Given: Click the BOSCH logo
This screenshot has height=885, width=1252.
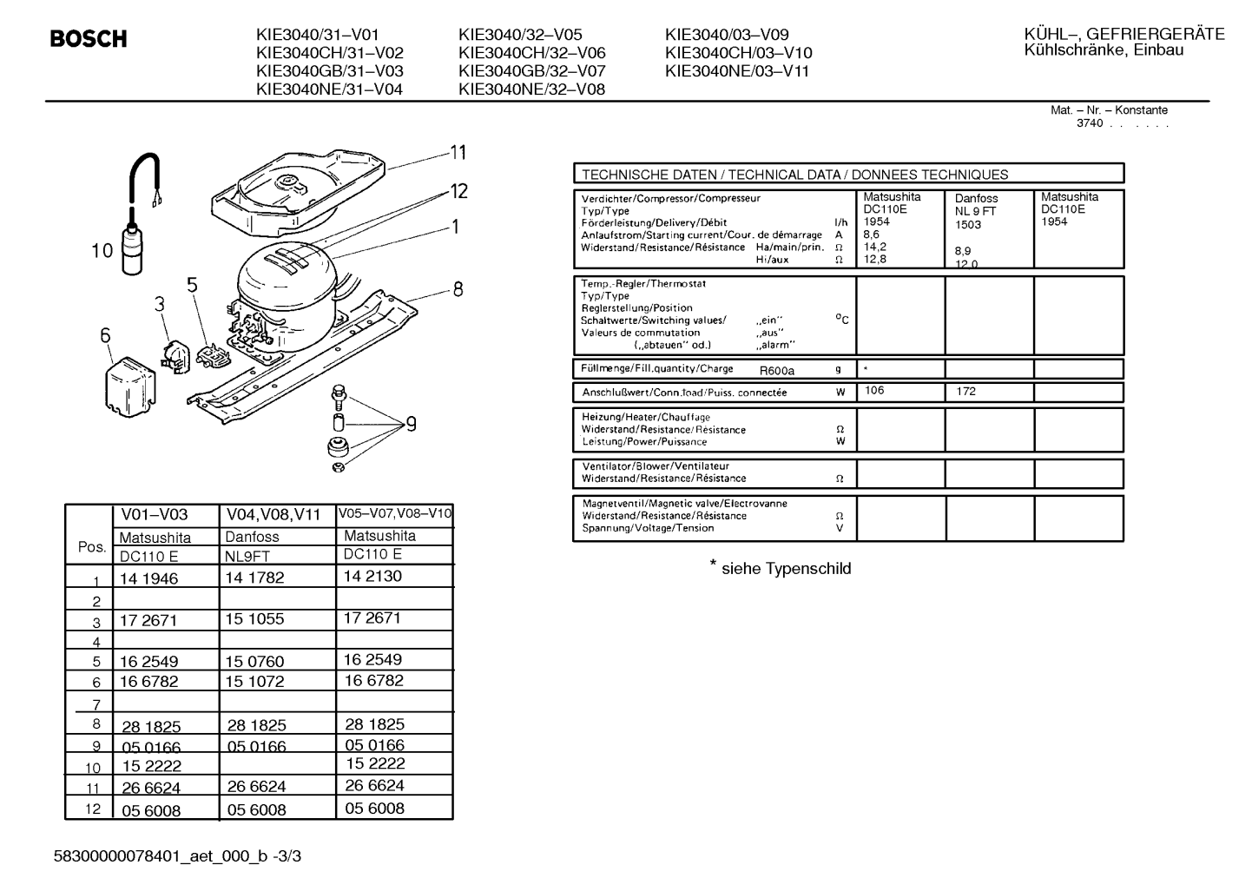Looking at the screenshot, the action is pyautogui.click(x=89, y=38).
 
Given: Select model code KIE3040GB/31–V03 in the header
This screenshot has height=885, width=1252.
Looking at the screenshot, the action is pyautogui.click(x=330, y=71).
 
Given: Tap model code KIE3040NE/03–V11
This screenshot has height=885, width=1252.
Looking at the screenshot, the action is pyautogui.click(x=737, y=71).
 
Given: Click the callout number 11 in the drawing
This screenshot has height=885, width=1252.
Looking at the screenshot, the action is pyautogui.click(x=458, y=152).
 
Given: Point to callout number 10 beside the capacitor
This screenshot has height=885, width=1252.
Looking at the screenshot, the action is pyautogui.click(x=102, y=251).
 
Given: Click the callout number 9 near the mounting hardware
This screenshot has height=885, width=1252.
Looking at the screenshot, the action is pyautogui.click(x=412, y=425).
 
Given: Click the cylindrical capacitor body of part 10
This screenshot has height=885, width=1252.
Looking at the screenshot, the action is pyautogui.click(x=133, y=250).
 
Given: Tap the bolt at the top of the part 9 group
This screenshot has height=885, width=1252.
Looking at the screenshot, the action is pyautogui.click(x=339, y=396).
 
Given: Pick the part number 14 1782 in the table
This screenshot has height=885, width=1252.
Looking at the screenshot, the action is pyautogui.click(x=255, y=578).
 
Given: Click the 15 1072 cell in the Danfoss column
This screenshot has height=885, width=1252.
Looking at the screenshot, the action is pyautogui.click(x=255, y=682).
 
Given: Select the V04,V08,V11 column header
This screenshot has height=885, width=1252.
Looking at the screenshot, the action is pyautogui.click(x=273, y=514).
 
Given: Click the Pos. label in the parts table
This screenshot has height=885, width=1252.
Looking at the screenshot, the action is pyautogui.click(x=92, y=547).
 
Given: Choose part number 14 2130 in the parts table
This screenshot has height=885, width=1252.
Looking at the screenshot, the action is pyautogui.click(x=372, y=577).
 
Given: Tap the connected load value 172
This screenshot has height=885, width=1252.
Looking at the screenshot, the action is pyautogui.click(x=965, y=392).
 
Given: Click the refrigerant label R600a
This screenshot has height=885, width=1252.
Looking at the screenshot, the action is pyautogui.click(x=777, y=371).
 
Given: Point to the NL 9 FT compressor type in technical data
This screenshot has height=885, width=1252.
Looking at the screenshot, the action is pyautogui.click(x=975, y=211).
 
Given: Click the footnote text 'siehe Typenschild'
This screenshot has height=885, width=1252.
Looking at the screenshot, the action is pyautogui.click(x=787, y=569).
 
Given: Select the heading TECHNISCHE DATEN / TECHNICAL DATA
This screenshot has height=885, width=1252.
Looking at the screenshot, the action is pyautogui.click(x=711, y=175).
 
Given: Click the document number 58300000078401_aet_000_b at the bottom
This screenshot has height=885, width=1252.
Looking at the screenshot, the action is pyautogui.click(x=161, y=856).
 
